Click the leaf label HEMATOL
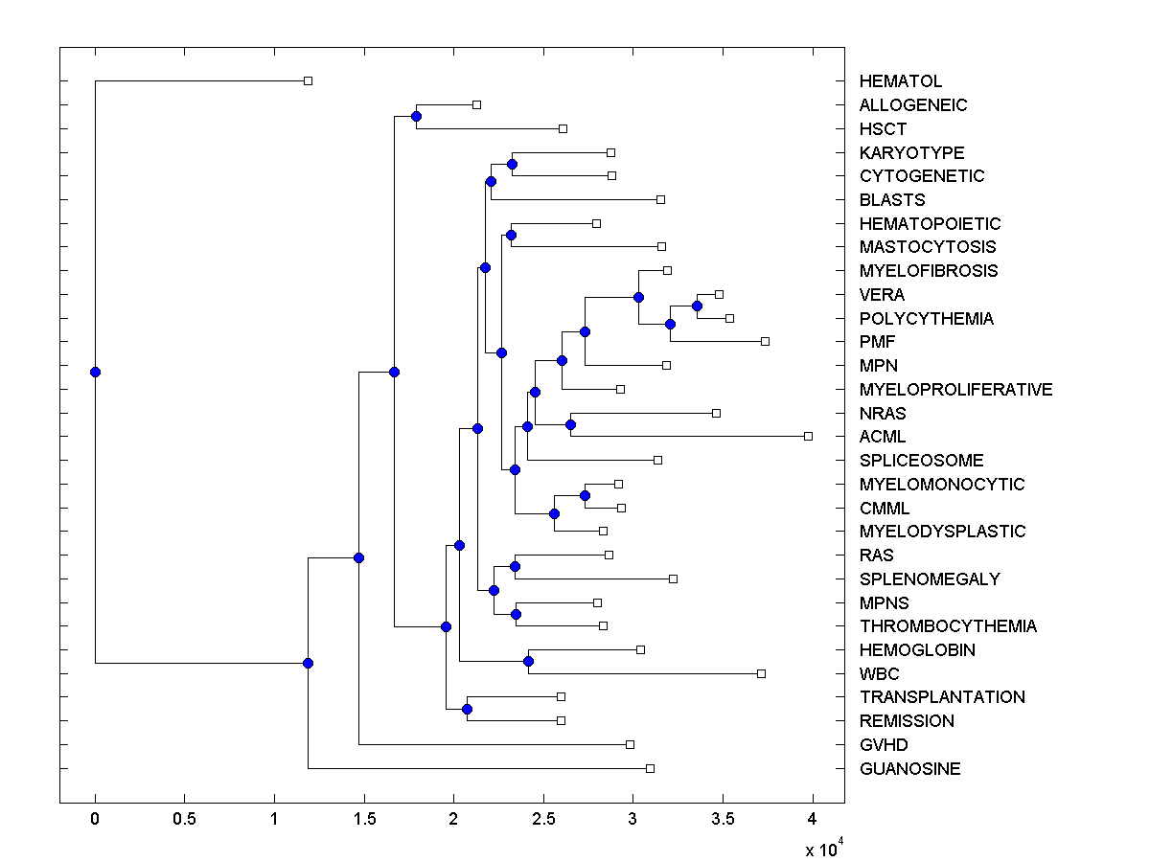pyautogui.click(x=901, y=81)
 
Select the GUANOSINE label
pyautogui.click(x=909, y=769)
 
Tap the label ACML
pyautogui.click(x=883, y=437)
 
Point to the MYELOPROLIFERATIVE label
pyautogui.click(x=955, y=390)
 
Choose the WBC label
pyautogui.click(x=880, y=674)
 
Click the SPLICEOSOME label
pyautogui.click(x=921, y=461)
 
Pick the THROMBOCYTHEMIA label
pyautogui.click(x=948, y=626)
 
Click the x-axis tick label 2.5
pyautogui.click(x=543, y=819)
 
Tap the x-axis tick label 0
pyautogui.click(x=95, y=819)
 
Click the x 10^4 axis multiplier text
pyautogui.click(x=822, y=849)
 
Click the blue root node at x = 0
pyautogui.click(x=95, y=372)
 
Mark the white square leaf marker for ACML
pyautogui.click(x=808, y=436)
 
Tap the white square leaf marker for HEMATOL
pyautogui.click(x=308, y=80)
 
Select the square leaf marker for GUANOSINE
pyautogui.click(x=650, y=768)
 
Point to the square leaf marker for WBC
pyautogui.click(x=762, y=673)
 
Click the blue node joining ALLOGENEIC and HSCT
pyautogui.click(x=416, y=116)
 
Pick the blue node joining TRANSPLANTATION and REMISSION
pyautogui.click(x=467, y=709)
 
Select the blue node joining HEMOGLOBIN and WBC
pyautogui.click(x=528, y=661)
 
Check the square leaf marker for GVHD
pyautogui.click(x=630, y=744)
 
